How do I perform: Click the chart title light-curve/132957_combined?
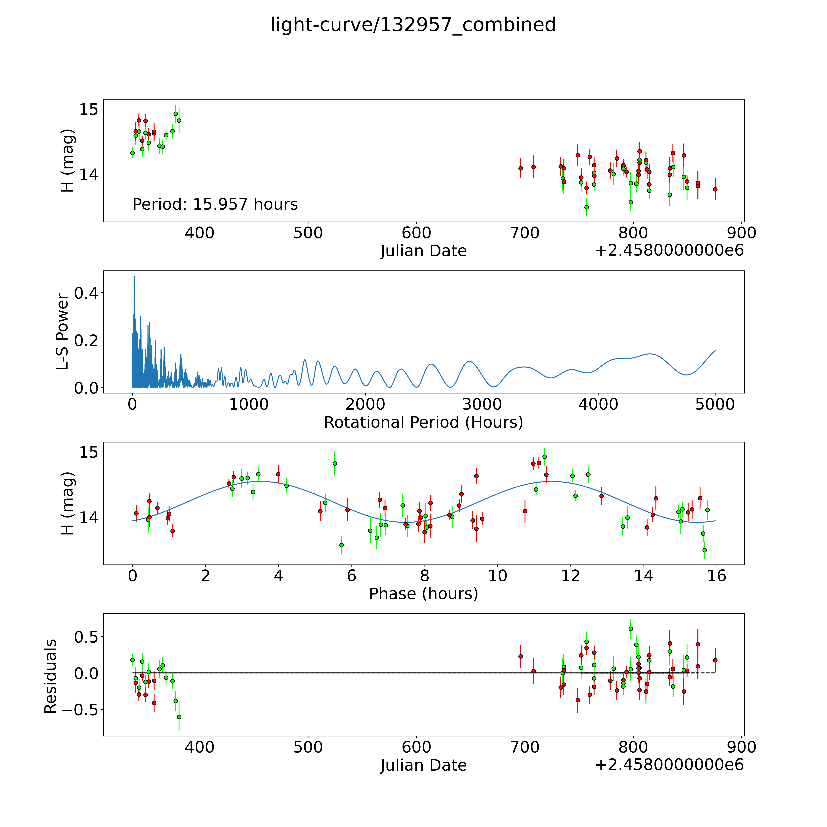(x=413, y=25)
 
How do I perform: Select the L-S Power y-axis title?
(x=62, y=332)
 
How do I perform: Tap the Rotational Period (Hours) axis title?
(x=423, y=423)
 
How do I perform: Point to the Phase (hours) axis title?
(x=423, y=594)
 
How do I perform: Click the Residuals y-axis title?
(x=51, y=676)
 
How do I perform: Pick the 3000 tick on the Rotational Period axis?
(x=482, y=404)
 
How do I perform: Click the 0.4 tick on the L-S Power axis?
(x=86, y=293)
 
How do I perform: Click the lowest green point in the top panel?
(x=586, y=207)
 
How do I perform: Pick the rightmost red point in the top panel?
(x=715, y=189)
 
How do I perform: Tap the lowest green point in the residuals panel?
(x=179, y=717)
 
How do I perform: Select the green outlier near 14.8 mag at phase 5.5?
(x=335, y=463)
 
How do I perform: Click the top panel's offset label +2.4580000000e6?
(x=669, y=250)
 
